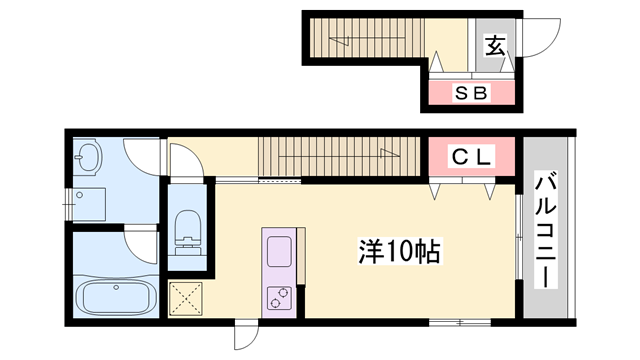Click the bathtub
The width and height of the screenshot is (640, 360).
(114, 297)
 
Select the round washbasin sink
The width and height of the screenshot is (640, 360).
(89, 157)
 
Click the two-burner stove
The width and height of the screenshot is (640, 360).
(277, 297)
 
